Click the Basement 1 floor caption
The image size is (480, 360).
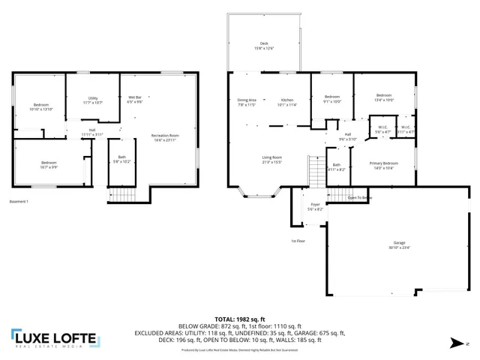tap(19, 202)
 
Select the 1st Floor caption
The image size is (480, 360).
tap(298, 241)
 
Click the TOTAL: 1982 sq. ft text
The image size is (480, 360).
tap(239, 319)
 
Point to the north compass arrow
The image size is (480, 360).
tap(458, 343)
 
